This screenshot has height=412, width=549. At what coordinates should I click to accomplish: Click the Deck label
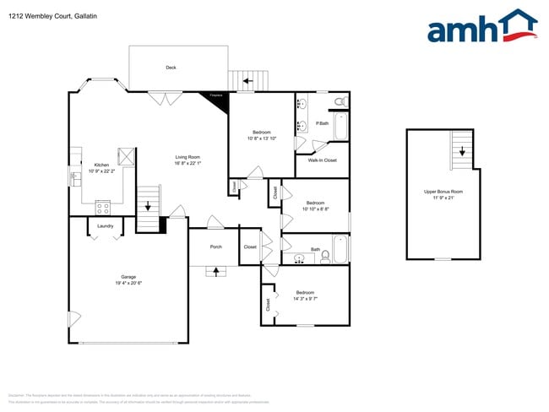[x=170, y=68]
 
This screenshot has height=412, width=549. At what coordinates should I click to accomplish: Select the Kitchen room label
[x=101, y=165]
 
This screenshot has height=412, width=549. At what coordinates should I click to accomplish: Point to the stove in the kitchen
[x=104, y=206]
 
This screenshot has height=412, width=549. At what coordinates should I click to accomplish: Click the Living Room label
[x=187, y=157]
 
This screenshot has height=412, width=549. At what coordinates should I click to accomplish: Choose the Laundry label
[x=106, y=226]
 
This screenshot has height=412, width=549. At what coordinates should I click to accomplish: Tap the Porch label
[x=215, y=247]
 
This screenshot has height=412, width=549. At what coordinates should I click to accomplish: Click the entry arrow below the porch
[x=215, y=271]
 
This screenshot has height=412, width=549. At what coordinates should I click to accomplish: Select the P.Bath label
[x=322, y=124]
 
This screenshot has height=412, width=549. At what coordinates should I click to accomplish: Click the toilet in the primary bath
[x=340, y=101]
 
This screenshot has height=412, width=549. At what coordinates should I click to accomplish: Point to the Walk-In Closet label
[x=322, y=160]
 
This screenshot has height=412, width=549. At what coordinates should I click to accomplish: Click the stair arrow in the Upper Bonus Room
[x=462, y=152]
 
